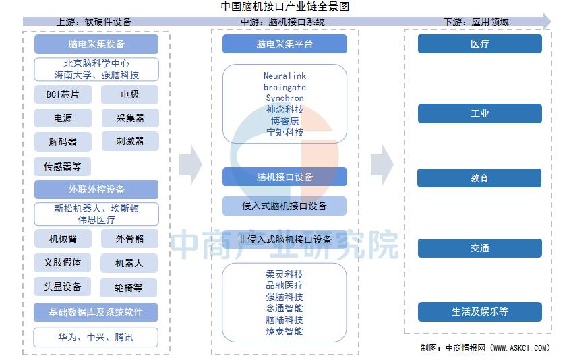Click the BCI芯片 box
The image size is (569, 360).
63,94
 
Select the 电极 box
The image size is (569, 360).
129,94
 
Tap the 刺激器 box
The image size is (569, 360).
130,141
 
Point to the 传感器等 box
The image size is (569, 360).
63,167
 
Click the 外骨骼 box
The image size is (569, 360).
129,239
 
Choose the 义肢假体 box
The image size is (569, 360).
63,262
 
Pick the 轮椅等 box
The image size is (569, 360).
129,288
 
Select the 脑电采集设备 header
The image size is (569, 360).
96,44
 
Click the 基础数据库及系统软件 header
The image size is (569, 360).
96,312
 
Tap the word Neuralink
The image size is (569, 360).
285,76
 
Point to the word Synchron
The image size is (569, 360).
285,98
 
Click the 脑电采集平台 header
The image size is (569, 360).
284,44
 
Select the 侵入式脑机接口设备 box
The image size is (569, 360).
284,206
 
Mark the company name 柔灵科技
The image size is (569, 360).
284,274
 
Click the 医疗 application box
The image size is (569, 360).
480,44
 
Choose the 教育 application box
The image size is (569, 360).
479,178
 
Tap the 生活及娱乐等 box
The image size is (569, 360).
480,311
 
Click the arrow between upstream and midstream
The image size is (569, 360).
191,165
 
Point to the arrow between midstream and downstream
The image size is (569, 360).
382,165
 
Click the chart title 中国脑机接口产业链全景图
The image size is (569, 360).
285,7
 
